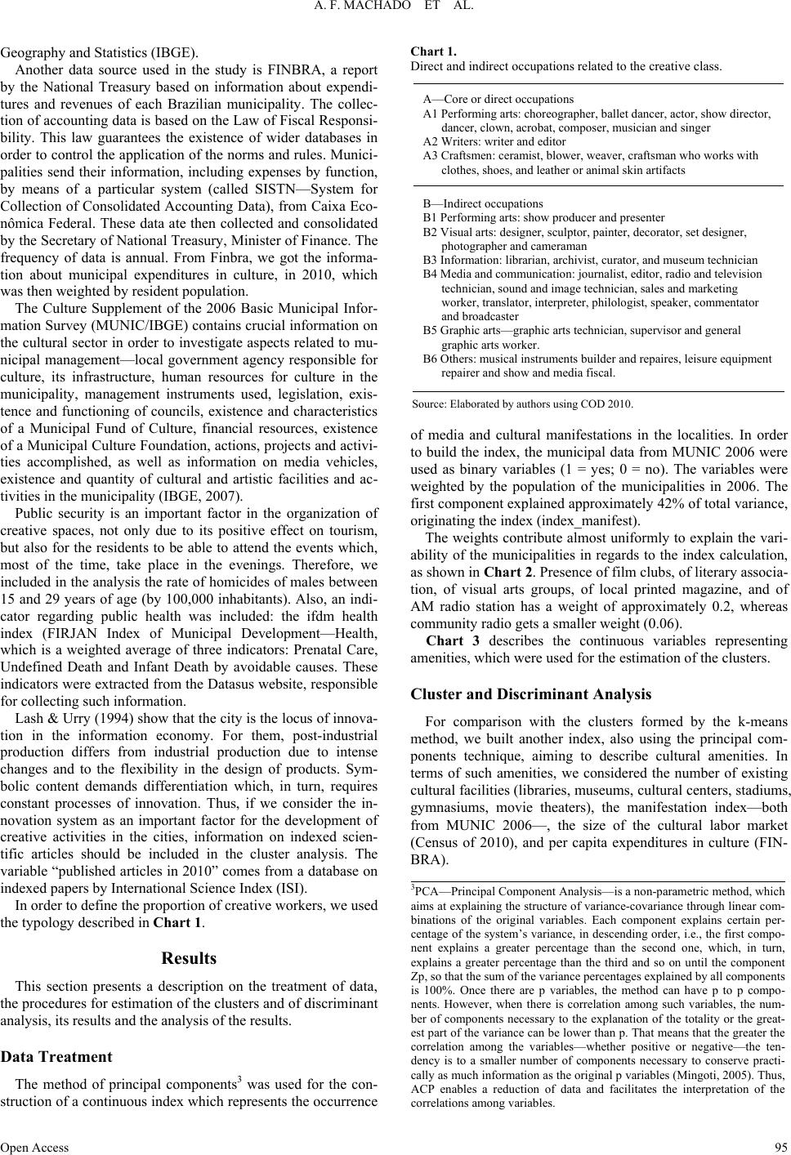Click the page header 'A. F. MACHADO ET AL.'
tap(395, 9)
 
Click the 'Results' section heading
tap(189, 958)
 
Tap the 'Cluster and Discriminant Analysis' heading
tap(531, 694)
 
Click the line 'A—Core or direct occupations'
tap(498, 99)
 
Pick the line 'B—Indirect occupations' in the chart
tap(482, 203)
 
